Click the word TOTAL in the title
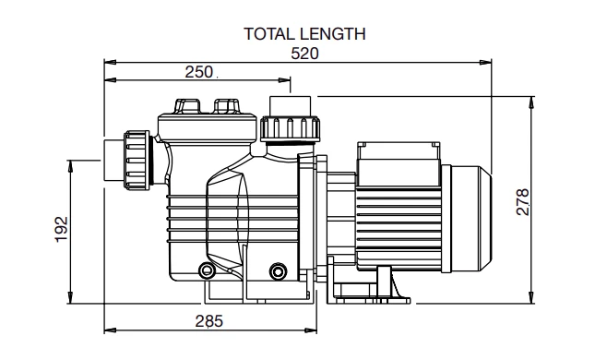pyautogui.click(x=268, y=34)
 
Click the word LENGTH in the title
pyautogui.click(x=332, y=34)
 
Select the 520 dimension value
pyautogui.click(x=304, y=54)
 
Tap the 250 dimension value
pyautogui.click(x=198, y=72)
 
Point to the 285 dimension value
pyautogui.click(x=209, y=321)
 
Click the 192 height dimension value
pyautogui.click(x=62, y=229)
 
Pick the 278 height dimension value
pyautogui.click(x=522, y=201)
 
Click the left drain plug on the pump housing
pyautogui.click(x=207, y=270)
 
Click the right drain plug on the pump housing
pyautogui.click(x=279, y=270)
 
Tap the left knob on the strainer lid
pyautogui.click(x=187, y=106)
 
